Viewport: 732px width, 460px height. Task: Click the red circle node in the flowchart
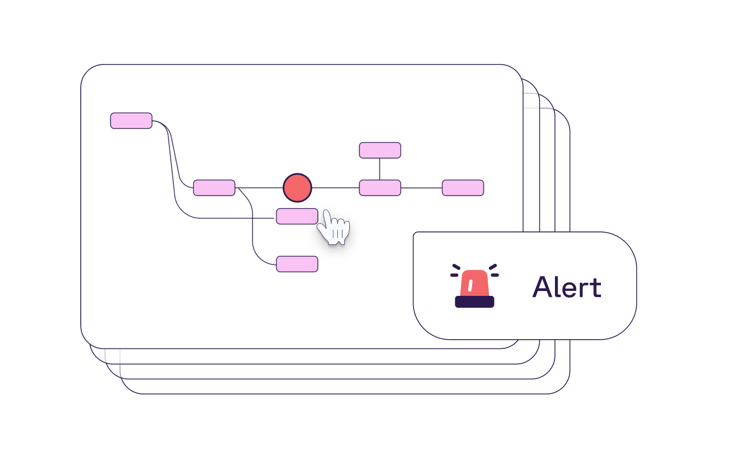click(x=297, y=187)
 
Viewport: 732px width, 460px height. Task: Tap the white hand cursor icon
click(x=333, y=228)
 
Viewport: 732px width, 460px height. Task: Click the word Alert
click(x=566, y=287)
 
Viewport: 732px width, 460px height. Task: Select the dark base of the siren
click(x=474, y=302)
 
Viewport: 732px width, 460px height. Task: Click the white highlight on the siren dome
click(x=470, y=285)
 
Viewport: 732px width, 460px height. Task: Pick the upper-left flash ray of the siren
click(x=456, y=267)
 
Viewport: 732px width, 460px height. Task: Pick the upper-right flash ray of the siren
click(x=493, y=267)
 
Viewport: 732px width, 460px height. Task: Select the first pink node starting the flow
click(x=131, y=121)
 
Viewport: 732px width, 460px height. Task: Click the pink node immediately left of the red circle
click(x=214, y=187)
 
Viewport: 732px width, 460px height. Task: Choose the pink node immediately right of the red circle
click(x=380, y=187)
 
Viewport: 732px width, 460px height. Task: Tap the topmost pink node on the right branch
click(x=380, y=150)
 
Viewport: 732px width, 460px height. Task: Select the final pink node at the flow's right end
click(x=463, y=187)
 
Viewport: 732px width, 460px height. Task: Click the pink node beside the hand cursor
click(x=297, y=216)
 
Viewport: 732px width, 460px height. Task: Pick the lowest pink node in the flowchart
click(x=297, y=264)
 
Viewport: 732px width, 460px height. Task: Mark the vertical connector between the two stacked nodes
click(x=380, y=169)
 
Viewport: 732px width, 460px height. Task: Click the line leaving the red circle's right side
click(x=336, y=187)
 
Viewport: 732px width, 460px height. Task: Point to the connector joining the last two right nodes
click(x=422, y=188)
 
